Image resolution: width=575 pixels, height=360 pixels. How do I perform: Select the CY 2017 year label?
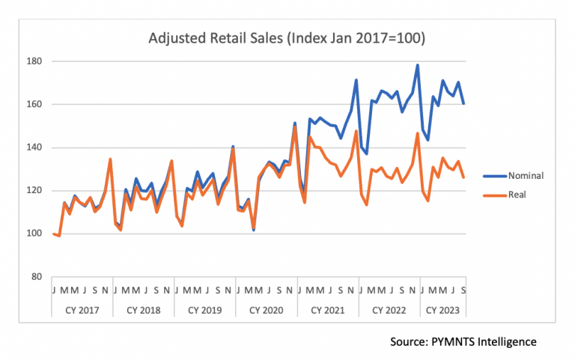(x=81, y=309)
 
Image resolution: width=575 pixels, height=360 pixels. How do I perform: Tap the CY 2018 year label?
(x=142, y=309)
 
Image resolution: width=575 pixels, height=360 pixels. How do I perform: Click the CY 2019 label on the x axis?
(x=204, y=309)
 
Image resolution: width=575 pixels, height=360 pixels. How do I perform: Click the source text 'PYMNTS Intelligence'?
(x=463, y=342)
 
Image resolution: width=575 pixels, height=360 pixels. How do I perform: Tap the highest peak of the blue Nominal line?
(x=418, y=65)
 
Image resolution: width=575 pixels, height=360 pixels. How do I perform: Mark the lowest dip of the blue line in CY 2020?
(x=254, y=230)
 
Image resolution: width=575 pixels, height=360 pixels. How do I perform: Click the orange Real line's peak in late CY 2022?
(x=418, y=133)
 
